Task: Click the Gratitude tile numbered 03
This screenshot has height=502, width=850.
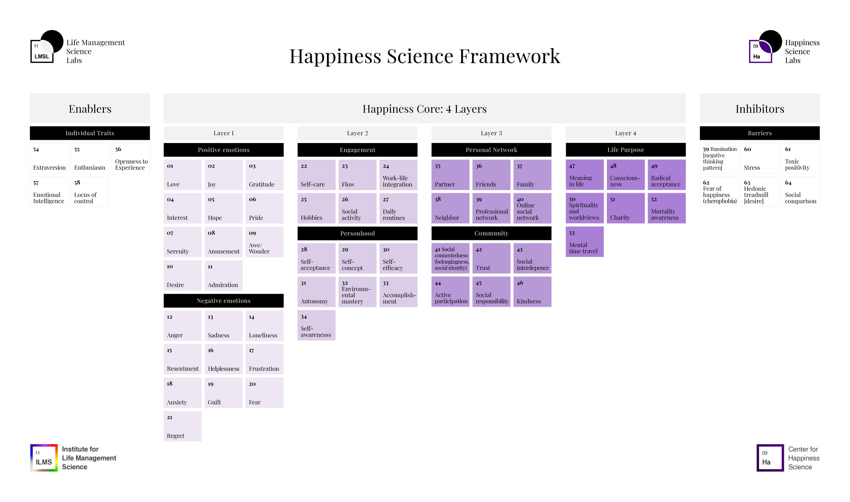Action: [x=265, y=175]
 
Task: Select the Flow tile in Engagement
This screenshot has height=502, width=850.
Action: [x=358, y=175]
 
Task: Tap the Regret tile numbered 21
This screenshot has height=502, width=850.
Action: [x=183, y=426]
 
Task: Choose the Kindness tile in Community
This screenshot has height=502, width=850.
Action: [x=532, y=292]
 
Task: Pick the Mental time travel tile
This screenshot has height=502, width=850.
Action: [x=585, y=242]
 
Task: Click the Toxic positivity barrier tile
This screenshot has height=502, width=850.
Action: [x=801, y=158]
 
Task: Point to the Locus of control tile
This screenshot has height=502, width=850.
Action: [x=90, y=192]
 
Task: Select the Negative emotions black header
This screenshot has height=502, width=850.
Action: [x=223, y=301]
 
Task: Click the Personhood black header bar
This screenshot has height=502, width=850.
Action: [x=358, y=233]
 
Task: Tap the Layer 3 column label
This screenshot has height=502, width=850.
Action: [x=491, y=133]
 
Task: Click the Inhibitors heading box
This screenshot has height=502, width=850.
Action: [x=760, y=108]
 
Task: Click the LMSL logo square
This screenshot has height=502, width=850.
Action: [x=42, y=51]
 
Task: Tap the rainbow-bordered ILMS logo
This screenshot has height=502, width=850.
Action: [x=44, y=458]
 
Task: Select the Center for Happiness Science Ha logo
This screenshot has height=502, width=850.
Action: [x=770, y=458]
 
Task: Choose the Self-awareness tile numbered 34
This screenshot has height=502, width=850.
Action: [x=317, y=325]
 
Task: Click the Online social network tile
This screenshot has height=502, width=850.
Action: [x=532, y=209]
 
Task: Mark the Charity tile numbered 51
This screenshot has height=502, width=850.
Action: [x=626, y=209]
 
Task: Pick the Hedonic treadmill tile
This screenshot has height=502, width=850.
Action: [x=760, y=192]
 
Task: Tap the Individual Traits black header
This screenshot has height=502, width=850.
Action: [x=90, y=133]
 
